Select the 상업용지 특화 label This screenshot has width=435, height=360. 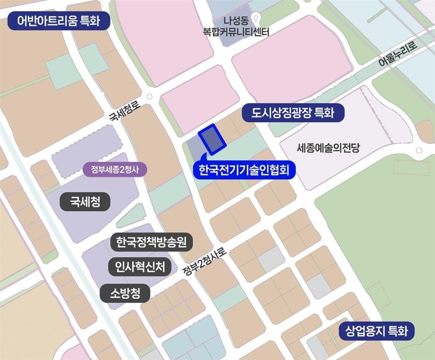tap(377, 331)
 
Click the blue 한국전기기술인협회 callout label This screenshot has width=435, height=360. tap(244, 170)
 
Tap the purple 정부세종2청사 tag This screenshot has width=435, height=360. tap(115, 169)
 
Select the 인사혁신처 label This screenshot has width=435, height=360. tap(140, 267)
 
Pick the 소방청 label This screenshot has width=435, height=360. tap(125, 293)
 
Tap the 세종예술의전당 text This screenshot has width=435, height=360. tap(328, 148)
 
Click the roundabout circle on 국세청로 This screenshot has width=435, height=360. tap(149, 97)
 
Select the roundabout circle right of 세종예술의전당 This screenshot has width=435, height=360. tap(419, 151)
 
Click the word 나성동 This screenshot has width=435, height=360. tap(237, 20)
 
